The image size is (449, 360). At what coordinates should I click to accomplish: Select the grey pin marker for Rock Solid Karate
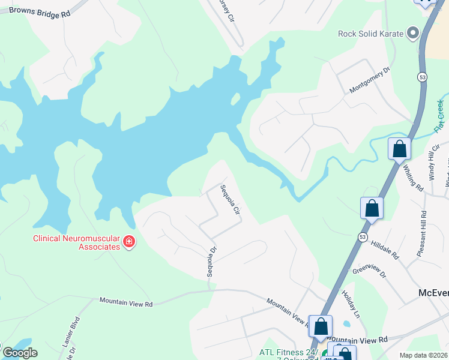[413, 33]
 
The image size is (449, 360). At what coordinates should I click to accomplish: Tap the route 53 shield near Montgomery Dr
[423, 77]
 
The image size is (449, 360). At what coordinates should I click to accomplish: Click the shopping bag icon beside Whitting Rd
[399, 149]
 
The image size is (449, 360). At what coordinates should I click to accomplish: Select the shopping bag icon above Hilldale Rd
[372, 208]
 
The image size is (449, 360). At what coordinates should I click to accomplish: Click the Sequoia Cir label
[230, 200]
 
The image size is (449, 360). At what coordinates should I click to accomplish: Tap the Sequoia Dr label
[211, 262]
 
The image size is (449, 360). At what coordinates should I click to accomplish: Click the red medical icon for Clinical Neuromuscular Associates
[128, 242]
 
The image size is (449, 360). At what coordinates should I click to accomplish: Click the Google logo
[20, 353]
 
